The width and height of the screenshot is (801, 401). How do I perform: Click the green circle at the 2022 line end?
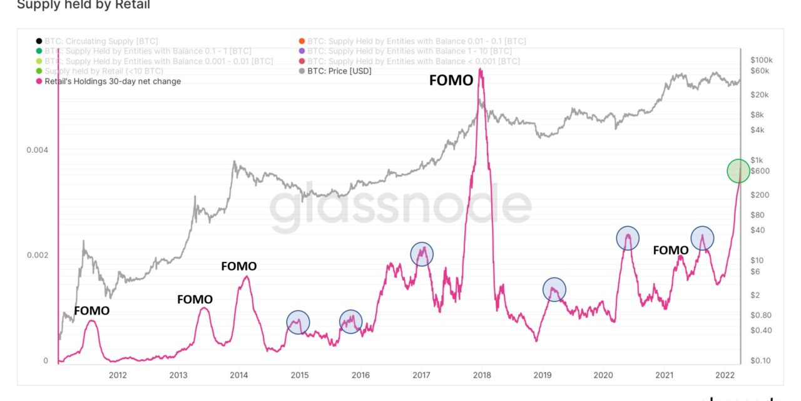(738, 171)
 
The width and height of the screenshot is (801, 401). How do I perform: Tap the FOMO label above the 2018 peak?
(451, 80)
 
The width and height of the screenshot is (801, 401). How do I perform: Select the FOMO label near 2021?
(670, 250)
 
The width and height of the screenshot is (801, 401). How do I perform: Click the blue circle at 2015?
(298, 322)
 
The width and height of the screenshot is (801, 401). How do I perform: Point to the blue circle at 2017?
(422, 254)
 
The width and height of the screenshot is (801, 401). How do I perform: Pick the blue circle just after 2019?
(554, 289)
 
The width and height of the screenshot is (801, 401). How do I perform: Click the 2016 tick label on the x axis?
(360, 375)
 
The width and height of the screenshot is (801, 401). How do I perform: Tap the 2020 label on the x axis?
(603, 375)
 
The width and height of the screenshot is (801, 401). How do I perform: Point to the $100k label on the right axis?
(762, 60)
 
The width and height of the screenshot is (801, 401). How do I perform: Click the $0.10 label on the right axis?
(761, 361)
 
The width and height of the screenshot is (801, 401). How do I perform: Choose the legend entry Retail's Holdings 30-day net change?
(113, 81)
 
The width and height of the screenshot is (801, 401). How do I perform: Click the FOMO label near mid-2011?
(91, 311)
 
